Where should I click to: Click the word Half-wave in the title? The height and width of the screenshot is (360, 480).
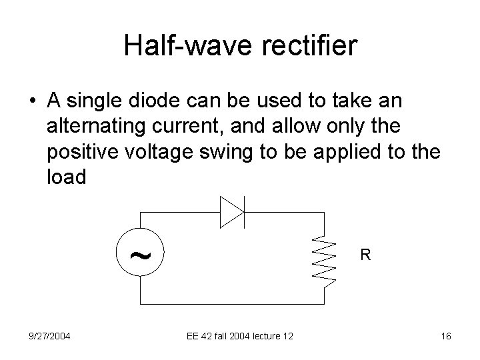pos(179,46)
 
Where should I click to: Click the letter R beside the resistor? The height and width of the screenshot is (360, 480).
pos(365,254)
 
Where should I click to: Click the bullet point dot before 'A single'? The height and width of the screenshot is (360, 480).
pos(33,101)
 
